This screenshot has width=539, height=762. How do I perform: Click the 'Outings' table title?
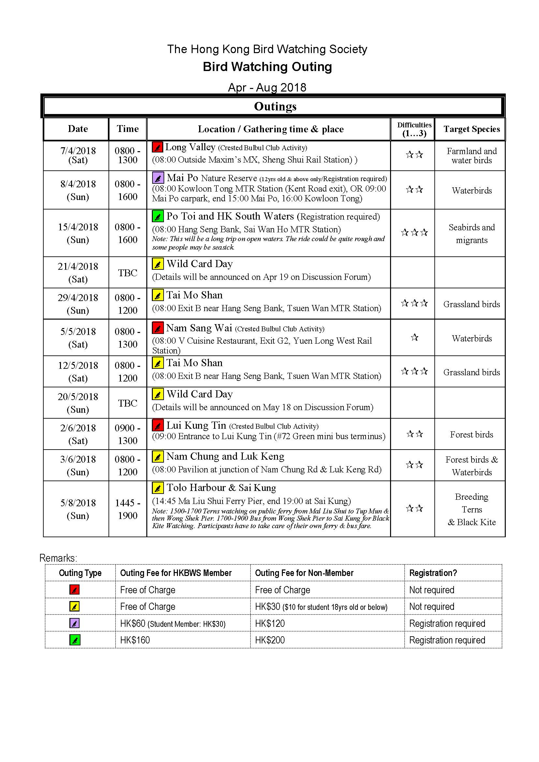click(275, 107)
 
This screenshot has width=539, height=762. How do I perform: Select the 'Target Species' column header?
click(471, 129)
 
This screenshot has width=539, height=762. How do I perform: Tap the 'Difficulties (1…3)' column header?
click(414, 129)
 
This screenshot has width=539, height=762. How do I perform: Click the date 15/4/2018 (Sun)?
click(78, 233)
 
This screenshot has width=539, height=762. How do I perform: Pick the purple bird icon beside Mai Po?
click(158, 178)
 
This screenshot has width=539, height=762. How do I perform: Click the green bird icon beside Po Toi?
click(158, 216)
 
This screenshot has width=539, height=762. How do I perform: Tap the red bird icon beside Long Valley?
click(157, 147)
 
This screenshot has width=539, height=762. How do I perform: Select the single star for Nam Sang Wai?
click(414, 338)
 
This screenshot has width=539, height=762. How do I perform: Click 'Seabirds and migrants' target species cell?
click(471, 233)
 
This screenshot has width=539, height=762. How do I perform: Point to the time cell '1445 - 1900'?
click(127, 509)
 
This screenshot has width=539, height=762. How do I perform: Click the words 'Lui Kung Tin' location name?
click(196, 425)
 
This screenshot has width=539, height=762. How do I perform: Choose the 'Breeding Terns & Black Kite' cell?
click(471, 509)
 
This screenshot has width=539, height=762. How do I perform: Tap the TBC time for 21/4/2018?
click(127, 273)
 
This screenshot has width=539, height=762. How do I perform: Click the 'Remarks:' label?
click(58, 558)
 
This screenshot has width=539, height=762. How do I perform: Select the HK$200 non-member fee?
click(270, 640)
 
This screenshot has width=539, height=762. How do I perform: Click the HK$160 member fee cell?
click(135, 640)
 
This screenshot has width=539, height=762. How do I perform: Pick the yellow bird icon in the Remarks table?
click(74, 607)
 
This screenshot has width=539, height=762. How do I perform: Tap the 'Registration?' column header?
click(433, 573)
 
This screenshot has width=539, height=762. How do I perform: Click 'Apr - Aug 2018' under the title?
click(267, 88)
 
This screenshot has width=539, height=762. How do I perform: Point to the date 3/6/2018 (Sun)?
click(78, 465)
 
